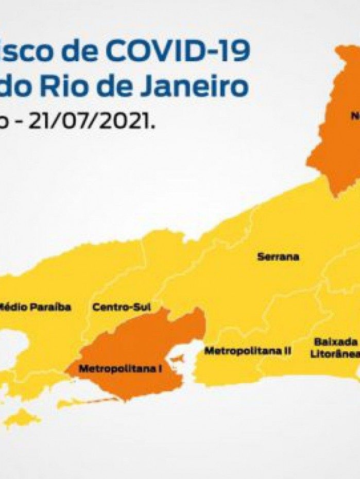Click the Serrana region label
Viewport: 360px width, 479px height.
point(278,256)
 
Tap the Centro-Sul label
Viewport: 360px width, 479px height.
point(122,307)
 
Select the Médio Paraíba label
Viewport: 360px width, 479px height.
point(35,307)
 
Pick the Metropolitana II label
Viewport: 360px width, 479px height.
point(247,351)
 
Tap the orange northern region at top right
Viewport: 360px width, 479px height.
point(337,144)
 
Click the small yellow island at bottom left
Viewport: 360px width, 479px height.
point(21,418)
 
